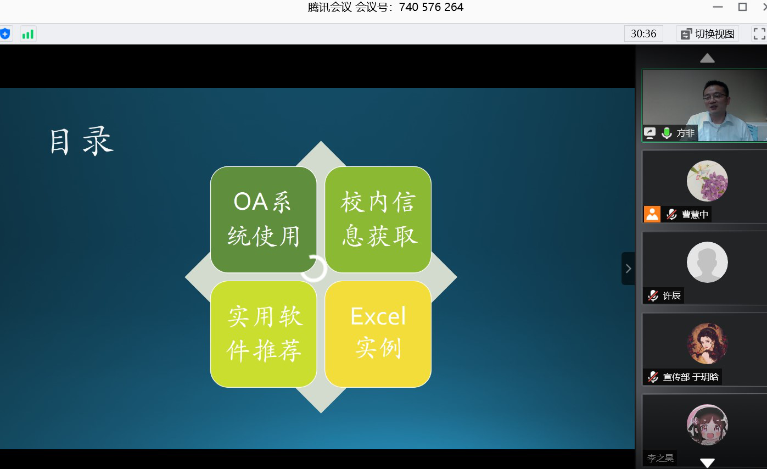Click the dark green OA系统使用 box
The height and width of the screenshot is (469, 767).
pos(264,219)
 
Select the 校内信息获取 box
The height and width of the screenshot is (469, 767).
pos(378,219)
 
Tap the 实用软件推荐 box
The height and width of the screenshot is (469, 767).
pos(264,334)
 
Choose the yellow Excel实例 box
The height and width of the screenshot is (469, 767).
pos(378,334)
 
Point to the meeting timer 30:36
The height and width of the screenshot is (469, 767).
pos(643,33)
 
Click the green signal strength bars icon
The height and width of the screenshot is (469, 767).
pos(28,34)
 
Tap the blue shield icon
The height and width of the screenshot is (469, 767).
pos(5,34)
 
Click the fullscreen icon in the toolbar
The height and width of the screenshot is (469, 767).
pos(759,34)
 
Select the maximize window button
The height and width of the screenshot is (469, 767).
pos(742,7)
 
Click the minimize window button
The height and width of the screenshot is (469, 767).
pos(718,7)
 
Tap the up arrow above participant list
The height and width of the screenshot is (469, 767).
pos(707,58)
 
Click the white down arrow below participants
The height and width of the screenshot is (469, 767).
pos(707,462)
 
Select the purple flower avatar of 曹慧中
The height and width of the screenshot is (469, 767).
pos(707,181)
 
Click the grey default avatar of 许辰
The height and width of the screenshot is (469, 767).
pos(707,262)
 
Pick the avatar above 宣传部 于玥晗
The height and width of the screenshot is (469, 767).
pos(707,343)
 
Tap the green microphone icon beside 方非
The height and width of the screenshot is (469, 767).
pos(667,133)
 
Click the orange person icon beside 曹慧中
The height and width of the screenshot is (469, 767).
pos(652,214)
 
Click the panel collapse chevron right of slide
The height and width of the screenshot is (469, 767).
pos(628,269)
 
